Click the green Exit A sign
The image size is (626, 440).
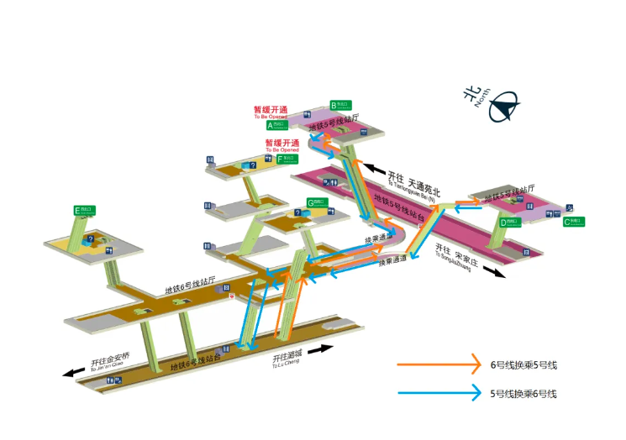(x=276, y=124)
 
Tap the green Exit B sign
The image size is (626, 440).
(x=340, y=105)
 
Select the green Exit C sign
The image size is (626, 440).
(x=573, y=222)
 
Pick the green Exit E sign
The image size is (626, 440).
(x=84, y=210)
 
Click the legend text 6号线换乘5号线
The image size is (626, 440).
(x=524, y=365)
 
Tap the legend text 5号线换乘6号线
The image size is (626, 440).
(x=524, y=393)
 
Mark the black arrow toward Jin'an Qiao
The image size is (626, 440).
(x=74, y=372)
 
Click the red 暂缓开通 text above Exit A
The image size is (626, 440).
(x=271, y=110)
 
